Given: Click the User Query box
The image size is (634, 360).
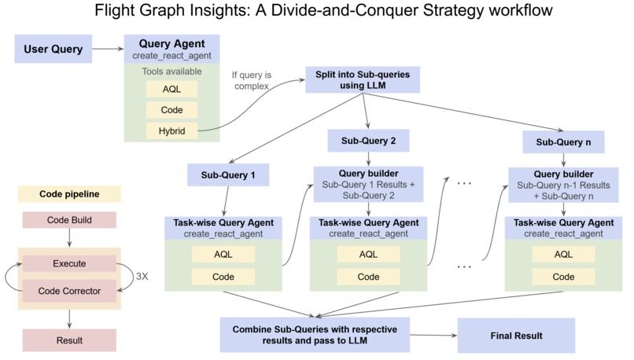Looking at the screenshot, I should coord(53,50).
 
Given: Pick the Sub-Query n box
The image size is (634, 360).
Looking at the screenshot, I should coord(562,143).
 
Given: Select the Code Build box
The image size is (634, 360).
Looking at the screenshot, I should coord(70,220).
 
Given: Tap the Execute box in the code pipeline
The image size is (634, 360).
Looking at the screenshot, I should coord(70,264).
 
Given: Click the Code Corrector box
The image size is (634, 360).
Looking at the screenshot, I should coord(70,290).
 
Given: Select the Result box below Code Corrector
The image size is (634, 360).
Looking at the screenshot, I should coord(70,340).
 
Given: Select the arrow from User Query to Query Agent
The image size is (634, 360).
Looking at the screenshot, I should coord(108,50).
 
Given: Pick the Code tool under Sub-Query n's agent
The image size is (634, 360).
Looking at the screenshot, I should coord(563,277).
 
